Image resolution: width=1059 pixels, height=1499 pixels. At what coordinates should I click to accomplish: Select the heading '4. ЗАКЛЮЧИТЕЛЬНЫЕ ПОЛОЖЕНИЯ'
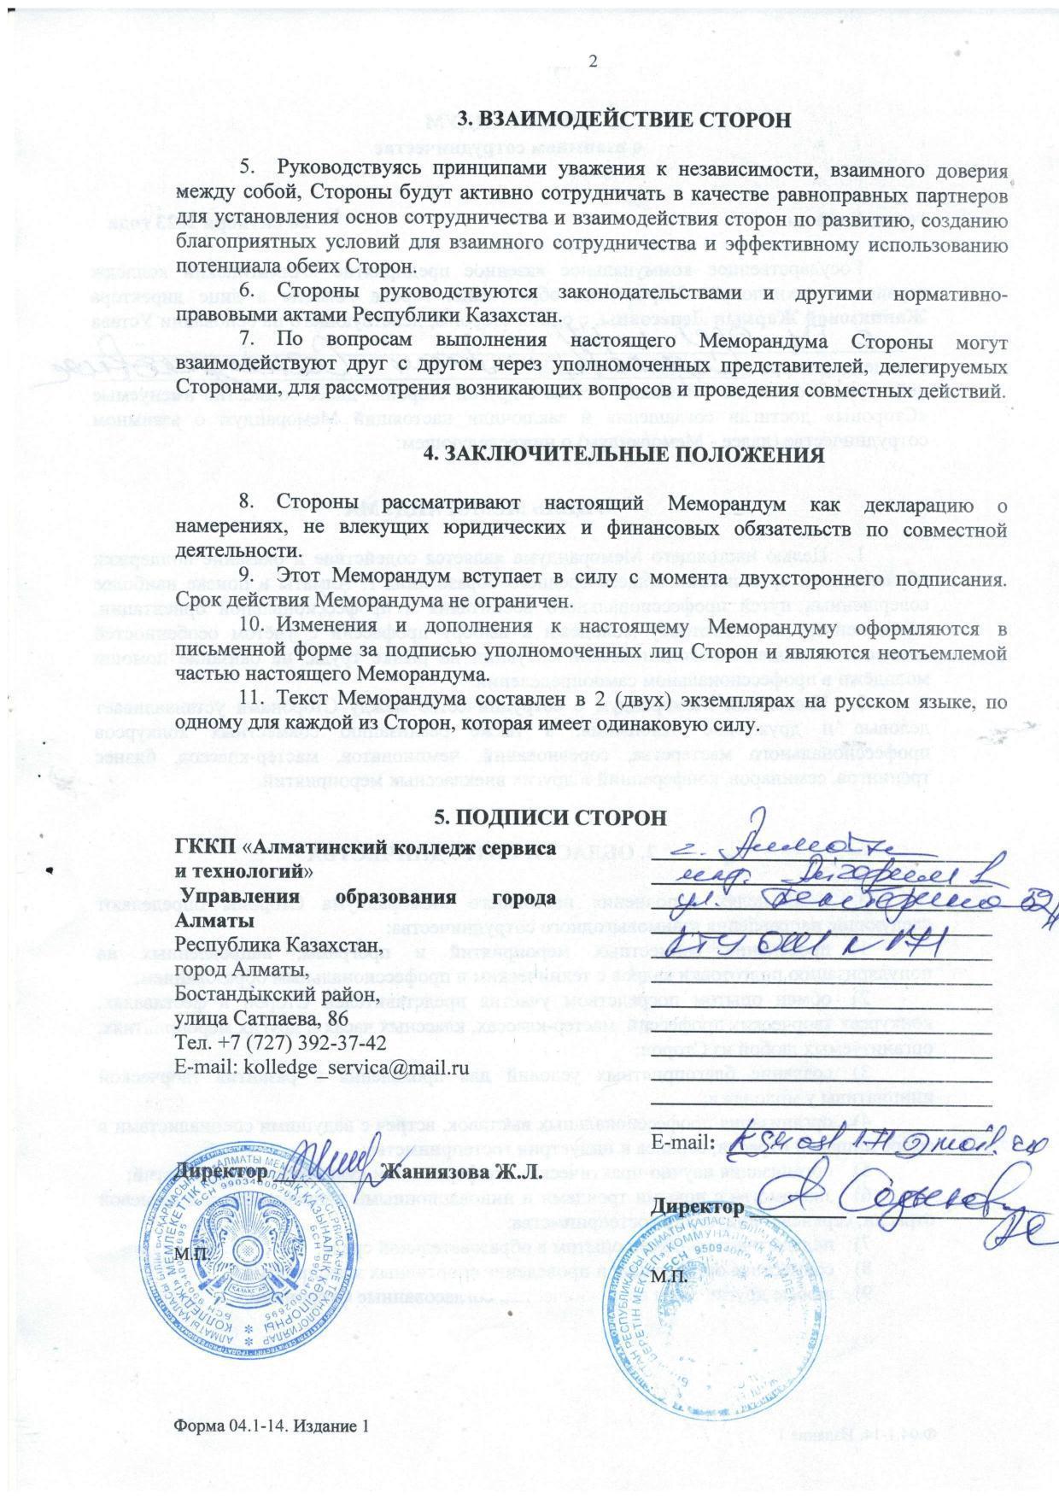click(x=625, y=455)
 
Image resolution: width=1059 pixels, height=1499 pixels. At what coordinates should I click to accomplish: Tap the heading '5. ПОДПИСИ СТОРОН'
click(x=550, y=817)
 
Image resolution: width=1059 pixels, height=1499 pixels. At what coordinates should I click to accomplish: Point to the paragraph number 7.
click(x=248, y=341)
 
